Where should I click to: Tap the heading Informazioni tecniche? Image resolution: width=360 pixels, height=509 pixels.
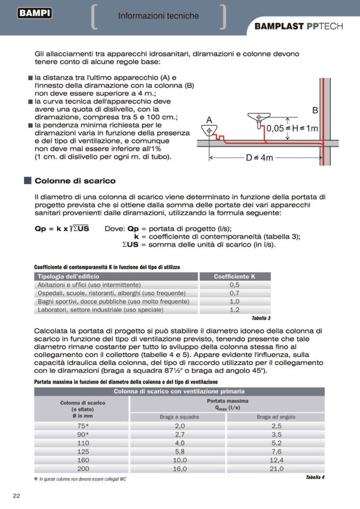click(158, 16)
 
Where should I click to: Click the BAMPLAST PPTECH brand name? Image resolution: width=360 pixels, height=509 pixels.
click(298, 27)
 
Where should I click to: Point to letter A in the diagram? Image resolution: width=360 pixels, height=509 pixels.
click(209, 120)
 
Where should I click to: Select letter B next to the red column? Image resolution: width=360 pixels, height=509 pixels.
click(315, 110)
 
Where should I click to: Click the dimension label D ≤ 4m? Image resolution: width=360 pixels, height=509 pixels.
click(260, 158)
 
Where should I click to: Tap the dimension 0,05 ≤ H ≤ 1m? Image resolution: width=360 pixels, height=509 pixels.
click(292, 128)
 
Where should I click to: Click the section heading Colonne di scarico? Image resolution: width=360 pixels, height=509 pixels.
click(75, 181)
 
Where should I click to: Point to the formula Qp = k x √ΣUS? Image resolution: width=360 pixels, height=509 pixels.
click(62, 228)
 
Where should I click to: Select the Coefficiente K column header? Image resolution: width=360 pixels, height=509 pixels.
click(234, 277)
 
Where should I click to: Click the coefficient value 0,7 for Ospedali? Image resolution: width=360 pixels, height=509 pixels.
click(234, 293)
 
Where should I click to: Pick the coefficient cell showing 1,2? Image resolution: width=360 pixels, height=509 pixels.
click(234, 309)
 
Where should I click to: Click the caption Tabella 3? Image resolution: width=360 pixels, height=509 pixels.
click(261, 318)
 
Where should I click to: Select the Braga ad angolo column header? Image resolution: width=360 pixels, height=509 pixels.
click(276, 417)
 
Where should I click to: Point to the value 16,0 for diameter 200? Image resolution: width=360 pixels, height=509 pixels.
click(180, 469)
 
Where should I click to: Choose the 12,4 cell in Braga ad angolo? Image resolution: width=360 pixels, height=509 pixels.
click(276, 460)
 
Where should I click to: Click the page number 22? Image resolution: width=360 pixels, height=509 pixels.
click(16, 496)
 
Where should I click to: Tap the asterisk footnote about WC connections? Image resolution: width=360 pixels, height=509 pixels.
click(81, 479)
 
